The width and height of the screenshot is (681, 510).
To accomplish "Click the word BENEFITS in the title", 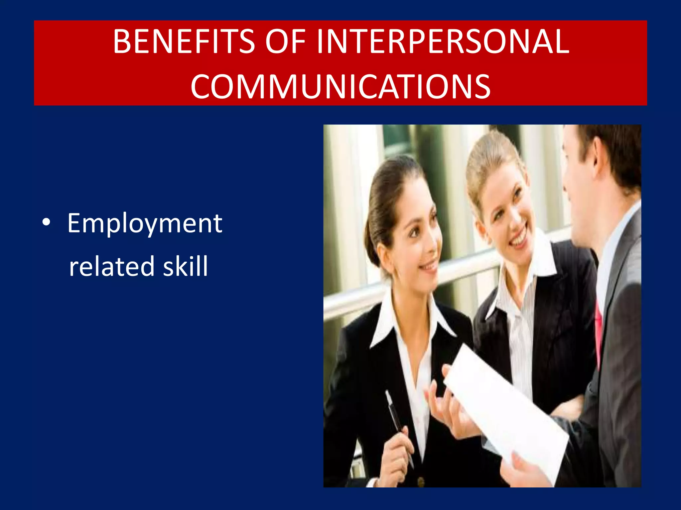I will click(184, 42).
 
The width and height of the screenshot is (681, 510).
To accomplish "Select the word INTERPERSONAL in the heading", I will click(443, 42).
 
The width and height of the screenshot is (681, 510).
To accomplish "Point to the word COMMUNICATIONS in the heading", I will click(340, 86).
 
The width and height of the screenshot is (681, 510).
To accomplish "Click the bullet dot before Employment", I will click(47, 223).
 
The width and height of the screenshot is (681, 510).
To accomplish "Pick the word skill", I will click(185, 266).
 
